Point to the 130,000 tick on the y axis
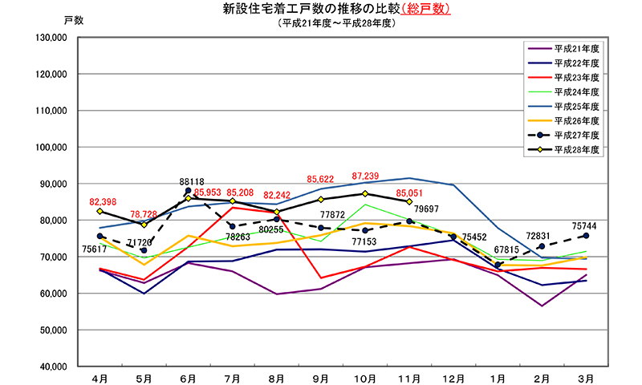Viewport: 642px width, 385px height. coord(51,38)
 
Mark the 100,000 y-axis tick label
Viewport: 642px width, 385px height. coord(51,148)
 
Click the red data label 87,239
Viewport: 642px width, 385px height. coord(365,176)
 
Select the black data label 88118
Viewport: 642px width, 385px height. coord(191,181)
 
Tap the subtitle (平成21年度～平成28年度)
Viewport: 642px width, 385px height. coord(336,23)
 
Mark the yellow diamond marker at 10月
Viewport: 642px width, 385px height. coord(365,193)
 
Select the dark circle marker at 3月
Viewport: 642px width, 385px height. coord(586,236)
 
